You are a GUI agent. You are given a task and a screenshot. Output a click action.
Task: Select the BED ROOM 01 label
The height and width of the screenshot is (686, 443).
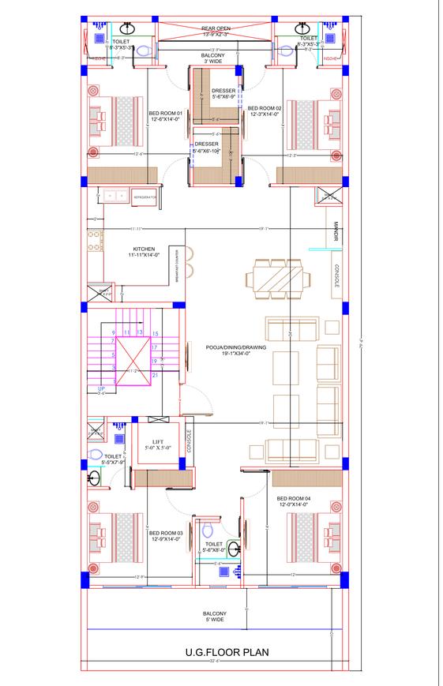(x=165, y=118)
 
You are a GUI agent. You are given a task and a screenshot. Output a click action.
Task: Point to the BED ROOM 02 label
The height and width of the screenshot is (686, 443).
(x=265, y=111)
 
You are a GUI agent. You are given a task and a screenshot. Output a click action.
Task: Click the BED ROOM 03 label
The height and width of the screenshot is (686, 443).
(x=166, y=537)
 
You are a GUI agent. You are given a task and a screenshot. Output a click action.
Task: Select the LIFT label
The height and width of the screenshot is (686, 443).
(x=152, y=445)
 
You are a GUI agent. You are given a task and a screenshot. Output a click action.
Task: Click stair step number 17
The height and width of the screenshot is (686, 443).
(x=155, y=347)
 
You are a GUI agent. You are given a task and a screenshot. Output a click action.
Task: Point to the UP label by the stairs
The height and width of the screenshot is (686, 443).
(x=101, y=389)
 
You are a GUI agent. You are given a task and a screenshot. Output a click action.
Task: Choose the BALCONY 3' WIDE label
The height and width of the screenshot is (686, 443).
(x=214, y=58)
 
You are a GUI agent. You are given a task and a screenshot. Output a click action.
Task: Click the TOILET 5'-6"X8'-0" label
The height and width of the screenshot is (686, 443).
(x=215, y=547)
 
